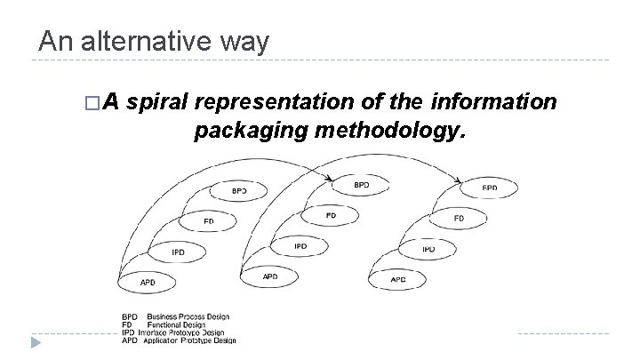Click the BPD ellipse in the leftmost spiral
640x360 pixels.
click(x=239, y=190)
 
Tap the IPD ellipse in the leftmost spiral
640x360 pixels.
click(x=179, y=252)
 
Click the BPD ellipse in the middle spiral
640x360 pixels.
click(x=361, y=185)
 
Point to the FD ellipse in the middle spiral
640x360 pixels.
click(x=331, y=215)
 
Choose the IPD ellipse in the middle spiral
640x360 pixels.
click(x=300, y=246)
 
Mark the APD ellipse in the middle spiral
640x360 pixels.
click(x=270, y=276)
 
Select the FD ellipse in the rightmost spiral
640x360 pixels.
click(x=459, y=218)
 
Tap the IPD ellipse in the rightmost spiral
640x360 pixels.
click(x=428, y=249)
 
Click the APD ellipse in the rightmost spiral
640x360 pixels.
click(x=399, y=279)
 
